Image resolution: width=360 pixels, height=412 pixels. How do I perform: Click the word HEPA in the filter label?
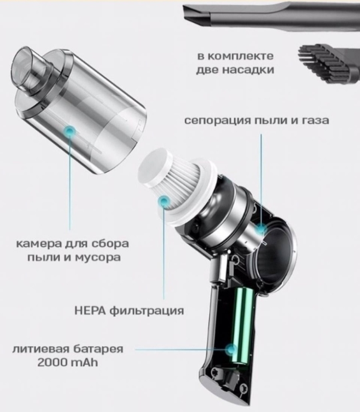tap(90, 311)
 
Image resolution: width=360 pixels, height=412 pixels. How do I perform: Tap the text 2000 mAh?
tap(68, 362)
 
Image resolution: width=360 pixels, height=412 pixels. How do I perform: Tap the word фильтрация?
tap(147, 311)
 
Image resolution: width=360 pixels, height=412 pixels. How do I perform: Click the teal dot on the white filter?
tap(164, 202)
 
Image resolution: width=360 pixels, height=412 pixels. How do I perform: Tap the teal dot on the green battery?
tap(232, 350)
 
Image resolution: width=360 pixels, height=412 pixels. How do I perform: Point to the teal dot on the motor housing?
tap(261, 228)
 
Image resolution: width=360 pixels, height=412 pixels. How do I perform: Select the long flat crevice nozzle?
tap(271, 15)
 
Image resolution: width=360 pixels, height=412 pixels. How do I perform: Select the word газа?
tap(314, 121)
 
